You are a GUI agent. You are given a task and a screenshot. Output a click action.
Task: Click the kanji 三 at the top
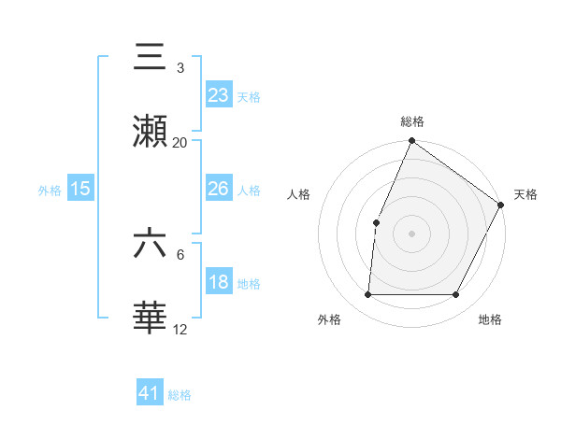point(151,56)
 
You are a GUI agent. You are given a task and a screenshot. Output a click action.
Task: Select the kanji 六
point(151,243)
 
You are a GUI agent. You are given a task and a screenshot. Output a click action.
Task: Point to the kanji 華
point(151,318)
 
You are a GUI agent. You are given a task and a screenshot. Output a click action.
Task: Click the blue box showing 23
point(219,94)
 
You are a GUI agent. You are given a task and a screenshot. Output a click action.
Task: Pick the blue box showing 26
point(219,189)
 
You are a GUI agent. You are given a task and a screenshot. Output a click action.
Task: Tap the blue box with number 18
point(219,282)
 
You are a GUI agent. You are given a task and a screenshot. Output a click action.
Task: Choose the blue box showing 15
point(80,189)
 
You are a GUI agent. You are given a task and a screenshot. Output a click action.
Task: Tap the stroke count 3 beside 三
point(180,68)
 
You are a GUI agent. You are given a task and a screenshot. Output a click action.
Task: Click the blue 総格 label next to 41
point(180,395)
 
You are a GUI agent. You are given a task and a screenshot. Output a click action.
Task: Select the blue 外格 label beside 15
point(50,191)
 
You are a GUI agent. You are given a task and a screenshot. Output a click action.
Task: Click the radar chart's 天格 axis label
point(525,194)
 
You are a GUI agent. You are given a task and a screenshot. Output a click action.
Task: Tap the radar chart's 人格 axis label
point(298,194)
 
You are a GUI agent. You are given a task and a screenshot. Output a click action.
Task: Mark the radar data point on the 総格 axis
point(411,142)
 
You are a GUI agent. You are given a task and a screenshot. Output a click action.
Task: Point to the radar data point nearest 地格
point(456,295)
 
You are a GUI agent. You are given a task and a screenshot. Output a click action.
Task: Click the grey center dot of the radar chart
point(411,234)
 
